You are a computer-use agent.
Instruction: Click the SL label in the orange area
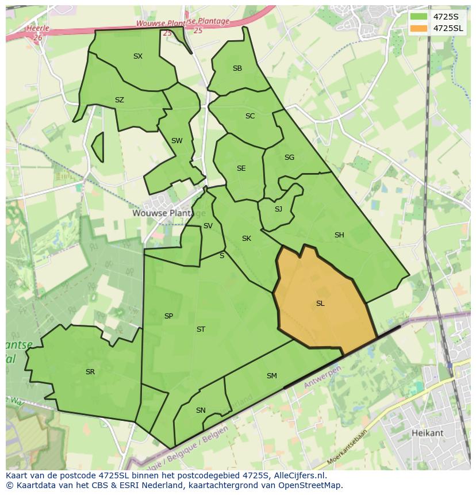(320, 304)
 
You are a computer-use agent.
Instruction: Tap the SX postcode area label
(138, 56)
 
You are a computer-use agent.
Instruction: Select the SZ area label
(119, 100)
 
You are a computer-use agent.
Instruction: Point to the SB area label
(237, 68)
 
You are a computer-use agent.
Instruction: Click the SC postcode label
(250, 116)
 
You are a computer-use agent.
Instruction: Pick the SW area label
(176, 141)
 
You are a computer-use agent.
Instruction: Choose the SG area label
(289, 158)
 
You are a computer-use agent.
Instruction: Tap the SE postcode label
(241, 168)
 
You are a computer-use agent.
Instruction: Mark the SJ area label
(278, 209)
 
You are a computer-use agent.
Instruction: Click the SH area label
(339, 235)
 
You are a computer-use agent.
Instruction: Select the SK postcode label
(247, 239)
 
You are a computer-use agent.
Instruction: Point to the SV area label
(208, 226)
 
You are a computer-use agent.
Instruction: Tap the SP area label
(168, 316)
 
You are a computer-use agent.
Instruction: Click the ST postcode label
(201, 329)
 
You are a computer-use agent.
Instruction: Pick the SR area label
(90, 372)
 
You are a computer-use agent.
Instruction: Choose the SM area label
(272, 376)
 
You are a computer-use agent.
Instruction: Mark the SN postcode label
(201, 410)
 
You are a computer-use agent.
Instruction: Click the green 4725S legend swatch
(419, 17)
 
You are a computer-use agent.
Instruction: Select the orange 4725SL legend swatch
(419, 28)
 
